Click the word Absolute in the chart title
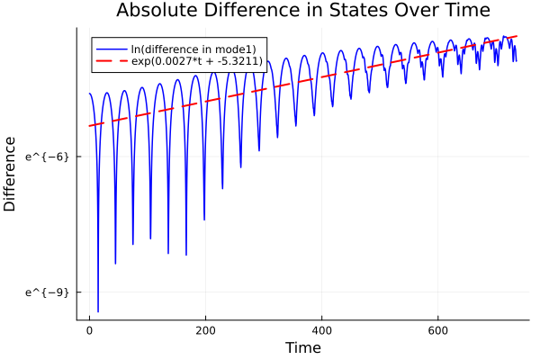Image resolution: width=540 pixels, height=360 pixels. point(154,11)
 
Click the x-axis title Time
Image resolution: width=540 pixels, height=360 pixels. point(302,347)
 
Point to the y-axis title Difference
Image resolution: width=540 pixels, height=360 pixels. point(11,174)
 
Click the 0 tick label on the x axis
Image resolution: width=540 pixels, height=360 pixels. point(89,330)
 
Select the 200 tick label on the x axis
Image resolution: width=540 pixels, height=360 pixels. point(205,330)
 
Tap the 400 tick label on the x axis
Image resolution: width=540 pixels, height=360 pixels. point(321,330)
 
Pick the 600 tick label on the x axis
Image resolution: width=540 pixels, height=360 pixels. point(437,330)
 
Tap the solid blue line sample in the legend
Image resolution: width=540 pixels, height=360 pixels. point(111,48)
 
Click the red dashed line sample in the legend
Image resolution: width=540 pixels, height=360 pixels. point(111,61)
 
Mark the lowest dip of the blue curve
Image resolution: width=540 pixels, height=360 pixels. point(98,311)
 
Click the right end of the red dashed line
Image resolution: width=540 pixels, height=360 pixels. point(517,36)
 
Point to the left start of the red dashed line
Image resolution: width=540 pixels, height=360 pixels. point(89,126)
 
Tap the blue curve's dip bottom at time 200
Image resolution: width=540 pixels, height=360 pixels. point(204,220)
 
